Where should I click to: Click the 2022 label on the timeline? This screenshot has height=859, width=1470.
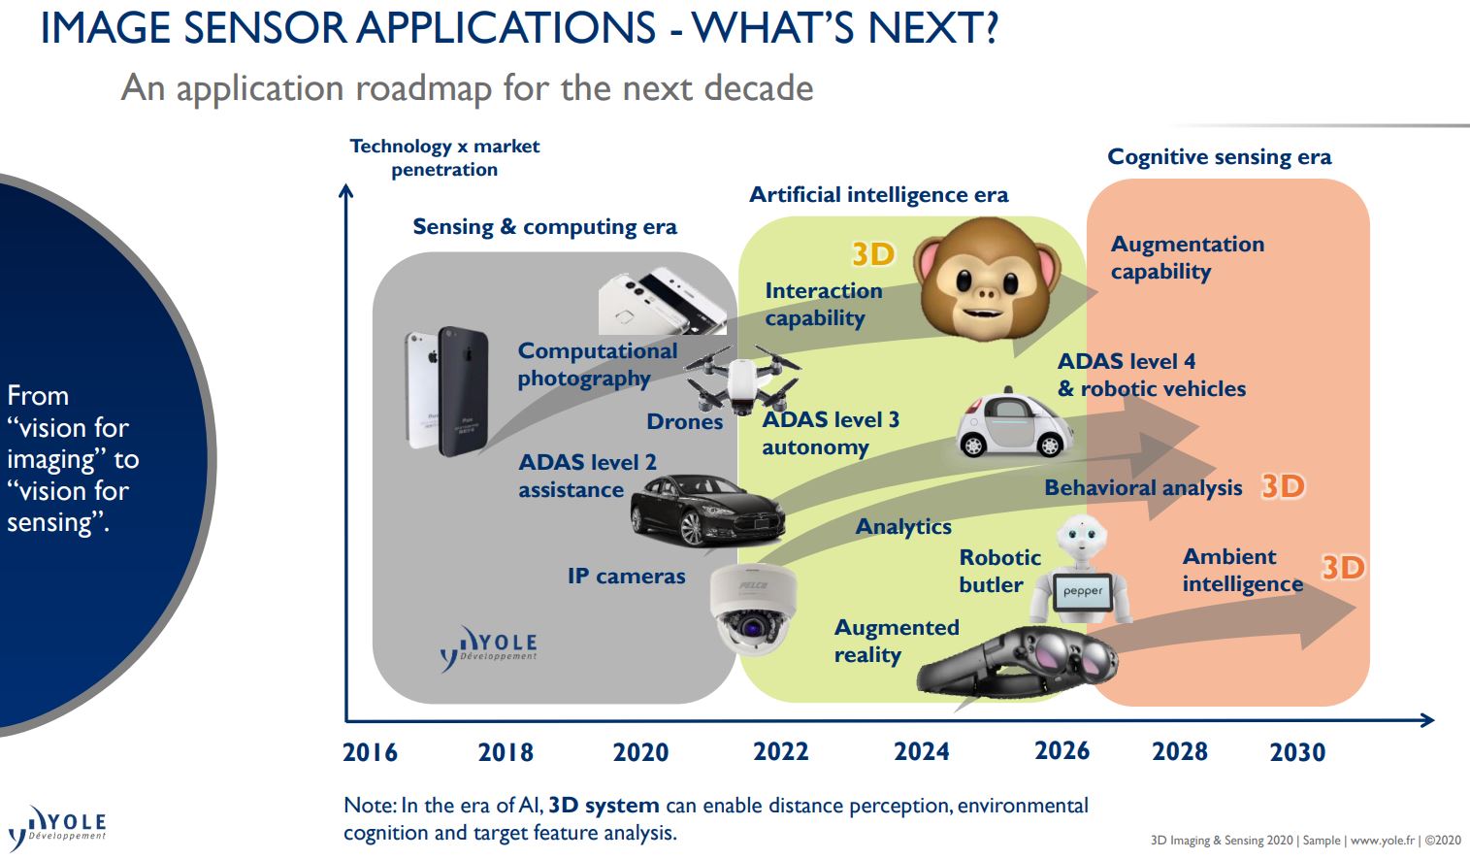click(x=780, y=751)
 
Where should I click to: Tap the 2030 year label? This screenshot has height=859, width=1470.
click(x=1297, y=751)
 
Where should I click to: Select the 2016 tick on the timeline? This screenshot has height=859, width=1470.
click(x=370, y=751)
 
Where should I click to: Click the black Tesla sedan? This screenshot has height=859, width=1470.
click(x=707, y=510)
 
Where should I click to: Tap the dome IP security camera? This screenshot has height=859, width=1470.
click(x=752, y=611)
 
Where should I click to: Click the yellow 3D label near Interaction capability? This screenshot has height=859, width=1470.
click(x=873, y=253)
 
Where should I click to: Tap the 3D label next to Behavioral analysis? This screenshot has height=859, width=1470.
click(x=1283, y=485)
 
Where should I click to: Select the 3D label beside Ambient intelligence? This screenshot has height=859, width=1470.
click(x=1343, y=567)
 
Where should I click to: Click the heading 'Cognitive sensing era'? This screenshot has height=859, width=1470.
click(x=1219, y=157)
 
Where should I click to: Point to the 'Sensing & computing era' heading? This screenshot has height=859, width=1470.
click(x=544, y=227)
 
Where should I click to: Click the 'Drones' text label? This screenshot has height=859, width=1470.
click(x=685, y=421)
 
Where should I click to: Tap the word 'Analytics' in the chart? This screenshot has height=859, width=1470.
click(x=903, y=526)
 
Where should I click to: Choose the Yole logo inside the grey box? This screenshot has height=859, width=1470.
click(x=489, y=647)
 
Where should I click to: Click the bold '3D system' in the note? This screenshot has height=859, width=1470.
click(x=604, y=806)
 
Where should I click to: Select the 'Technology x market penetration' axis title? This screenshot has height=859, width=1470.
click(x=444, y=157)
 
